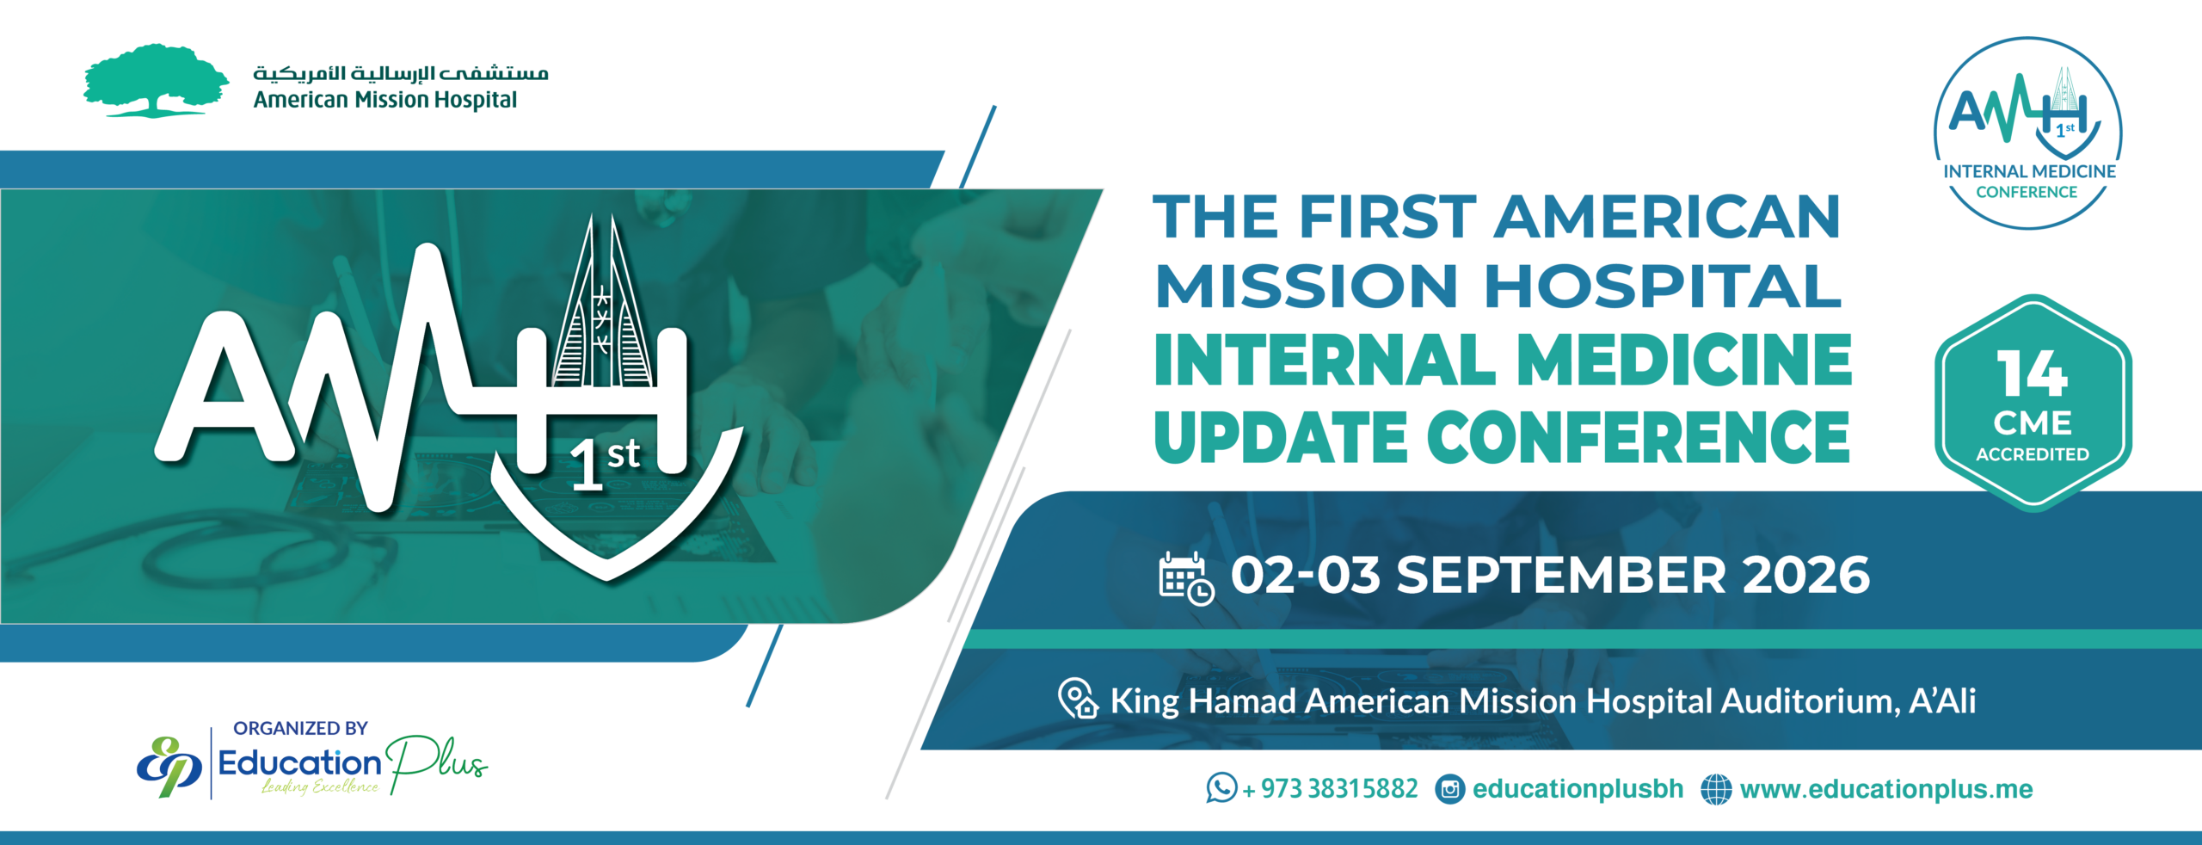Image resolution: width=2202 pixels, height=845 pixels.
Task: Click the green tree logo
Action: click(156, 80)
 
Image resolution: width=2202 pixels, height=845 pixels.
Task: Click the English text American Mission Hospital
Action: click(384, 101)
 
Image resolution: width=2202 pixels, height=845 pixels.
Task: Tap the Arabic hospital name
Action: click(400, 72)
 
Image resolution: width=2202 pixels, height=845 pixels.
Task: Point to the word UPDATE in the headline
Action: click(1281, 436)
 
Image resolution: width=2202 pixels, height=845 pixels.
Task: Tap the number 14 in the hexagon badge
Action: click(2032, 373)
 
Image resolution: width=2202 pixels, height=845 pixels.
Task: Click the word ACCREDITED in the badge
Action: click(2032, 454)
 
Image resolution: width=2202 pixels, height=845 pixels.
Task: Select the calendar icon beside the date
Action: click(1186, 579)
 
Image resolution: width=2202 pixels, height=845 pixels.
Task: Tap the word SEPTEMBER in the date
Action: click(1560, 575)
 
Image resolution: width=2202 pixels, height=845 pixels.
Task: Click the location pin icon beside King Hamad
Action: click(1078, 698)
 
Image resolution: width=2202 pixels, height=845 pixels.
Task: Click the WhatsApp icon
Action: click(1221, 787)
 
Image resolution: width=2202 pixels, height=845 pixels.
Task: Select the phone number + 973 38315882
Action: click(1330, 789)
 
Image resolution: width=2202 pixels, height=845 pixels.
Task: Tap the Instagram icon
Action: click(1450, 789)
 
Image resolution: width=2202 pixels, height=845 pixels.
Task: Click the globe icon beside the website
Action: click(1716, 789)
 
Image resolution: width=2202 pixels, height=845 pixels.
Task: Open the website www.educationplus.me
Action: click(1886, 789)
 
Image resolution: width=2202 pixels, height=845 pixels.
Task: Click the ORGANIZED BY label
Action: click(300, 729)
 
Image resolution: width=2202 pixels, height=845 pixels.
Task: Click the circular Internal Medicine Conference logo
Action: click(2028, 133)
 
